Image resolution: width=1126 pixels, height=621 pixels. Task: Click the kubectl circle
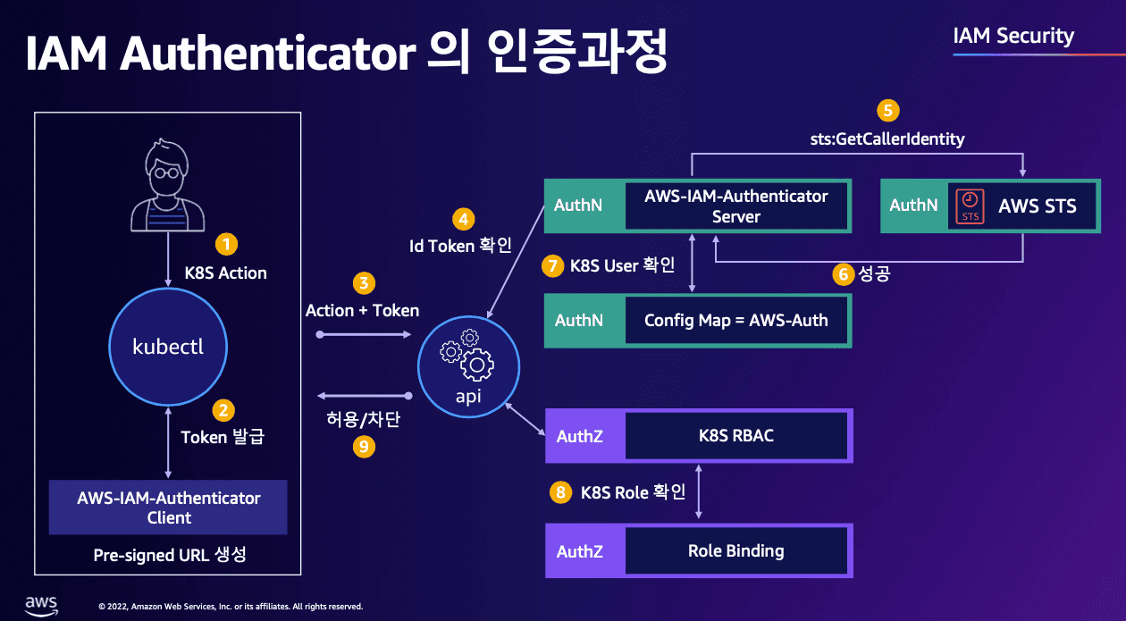point(168,347)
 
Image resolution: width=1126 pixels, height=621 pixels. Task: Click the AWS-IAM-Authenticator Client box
point(169,508)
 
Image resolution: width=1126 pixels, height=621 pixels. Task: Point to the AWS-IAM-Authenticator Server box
point(735,206)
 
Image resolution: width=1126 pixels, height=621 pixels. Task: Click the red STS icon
point(969,206)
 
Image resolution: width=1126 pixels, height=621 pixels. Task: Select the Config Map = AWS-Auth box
point(735,320)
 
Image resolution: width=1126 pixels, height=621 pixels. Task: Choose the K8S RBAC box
point(735,436)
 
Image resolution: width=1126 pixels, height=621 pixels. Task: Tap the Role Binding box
point(735,551)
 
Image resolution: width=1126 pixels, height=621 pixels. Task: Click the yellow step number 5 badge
point(887,111)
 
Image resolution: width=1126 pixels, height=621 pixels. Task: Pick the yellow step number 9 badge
point(364,447)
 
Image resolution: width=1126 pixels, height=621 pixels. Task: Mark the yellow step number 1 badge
point(226,244)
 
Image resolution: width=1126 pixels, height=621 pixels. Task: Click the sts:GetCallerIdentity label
point(887,139)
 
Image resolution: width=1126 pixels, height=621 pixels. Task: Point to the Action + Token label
point(362,310)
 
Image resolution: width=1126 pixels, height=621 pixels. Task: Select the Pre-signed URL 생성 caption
point(169,555)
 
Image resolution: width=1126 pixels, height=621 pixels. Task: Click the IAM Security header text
point(1013,37)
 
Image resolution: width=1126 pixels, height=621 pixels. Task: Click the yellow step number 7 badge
point(553,266)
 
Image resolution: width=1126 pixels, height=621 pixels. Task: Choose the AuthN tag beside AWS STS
point(913,206)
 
